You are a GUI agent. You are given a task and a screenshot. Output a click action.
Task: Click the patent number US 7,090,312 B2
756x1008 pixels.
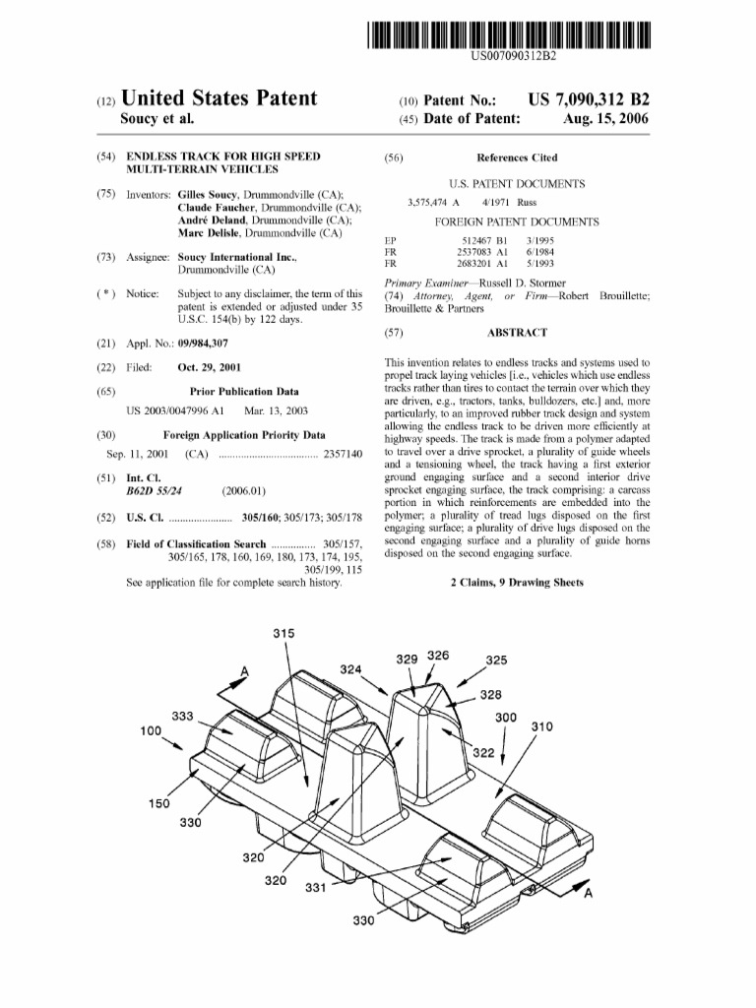(589, 100)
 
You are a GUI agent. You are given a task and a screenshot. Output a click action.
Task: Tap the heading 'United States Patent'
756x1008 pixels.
(219, 98)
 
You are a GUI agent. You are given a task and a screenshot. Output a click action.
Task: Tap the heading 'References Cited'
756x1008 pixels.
(517, 157)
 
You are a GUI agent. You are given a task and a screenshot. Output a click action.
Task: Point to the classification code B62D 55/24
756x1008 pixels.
(155, 489)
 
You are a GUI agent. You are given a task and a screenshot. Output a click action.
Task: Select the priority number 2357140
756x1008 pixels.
(343, 454)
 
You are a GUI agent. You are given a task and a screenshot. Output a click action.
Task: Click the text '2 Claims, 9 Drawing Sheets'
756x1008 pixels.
(517, 582)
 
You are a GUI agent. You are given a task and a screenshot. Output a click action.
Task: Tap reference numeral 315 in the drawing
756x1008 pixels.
(283, 635)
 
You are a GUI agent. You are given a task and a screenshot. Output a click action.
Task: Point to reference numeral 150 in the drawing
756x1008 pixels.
(158, 803)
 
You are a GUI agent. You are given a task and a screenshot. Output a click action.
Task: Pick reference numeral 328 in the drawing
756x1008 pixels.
(491, 695)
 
